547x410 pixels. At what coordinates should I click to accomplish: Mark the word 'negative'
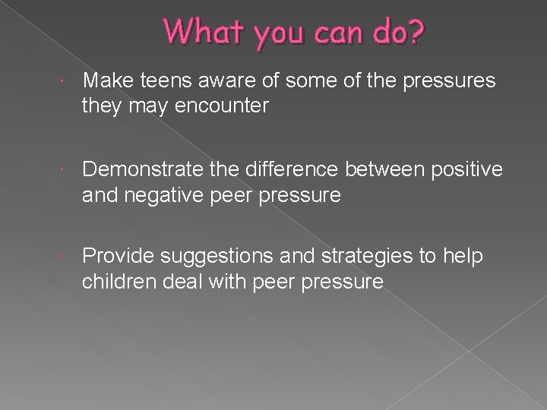point(157,196)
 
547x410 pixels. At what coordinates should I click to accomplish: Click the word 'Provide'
point(121,257)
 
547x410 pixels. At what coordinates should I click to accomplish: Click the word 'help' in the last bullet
point(464,257)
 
